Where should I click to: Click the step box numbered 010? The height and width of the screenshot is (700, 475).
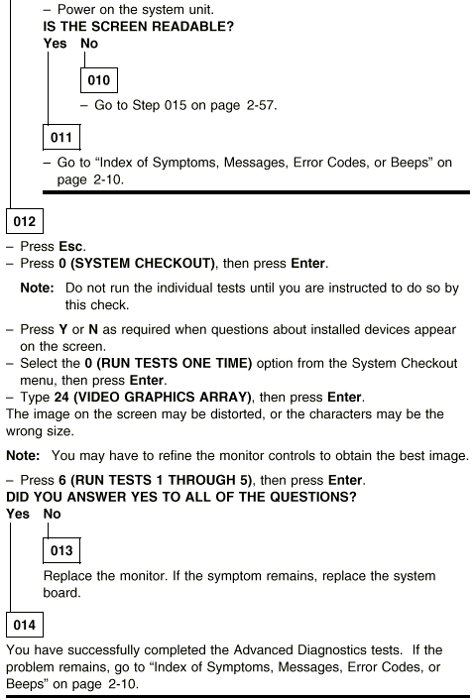pos(98,80)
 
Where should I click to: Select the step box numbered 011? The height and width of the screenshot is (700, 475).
pos(61,137)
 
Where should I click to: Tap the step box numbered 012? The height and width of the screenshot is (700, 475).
pos(25,221)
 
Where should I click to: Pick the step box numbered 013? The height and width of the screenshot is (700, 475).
pos(61,550)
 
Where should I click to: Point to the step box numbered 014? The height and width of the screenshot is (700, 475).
pos(25,625)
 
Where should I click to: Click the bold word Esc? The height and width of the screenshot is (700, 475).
pos(71,247)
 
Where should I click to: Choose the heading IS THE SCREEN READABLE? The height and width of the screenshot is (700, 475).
pos(139,27)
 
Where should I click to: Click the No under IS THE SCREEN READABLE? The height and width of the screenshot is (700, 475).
pos(89,44)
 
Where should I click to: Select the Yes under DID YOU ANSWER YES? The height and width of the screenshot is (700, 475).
pos(18,514)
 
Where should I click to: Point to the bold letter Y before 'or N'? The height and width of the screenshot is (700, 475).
pos(62,329)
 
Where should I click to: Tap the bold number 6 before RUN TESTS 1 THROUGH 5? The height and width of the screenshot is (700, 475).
pos(62,480)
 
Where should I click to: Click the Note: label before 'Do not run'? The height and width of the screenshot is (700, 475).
pos(37,288)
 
